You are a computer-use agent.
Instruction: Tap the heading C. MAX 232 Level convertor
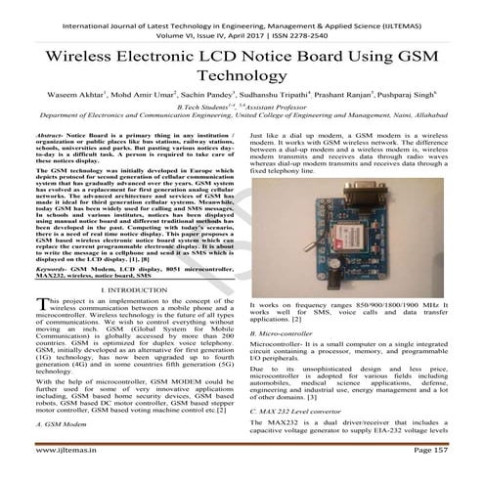[310, 413]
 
